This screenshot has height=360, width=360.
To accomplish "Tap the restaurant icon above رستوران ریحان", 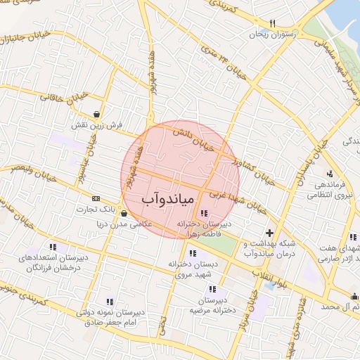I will (x=272, y=22).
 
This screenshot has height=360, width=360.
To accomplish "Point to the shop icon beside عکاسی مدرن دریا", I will (x=124, y=214).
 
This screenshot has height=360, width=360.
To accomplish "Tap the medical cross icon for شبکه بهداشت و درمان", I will (x=270, y=233).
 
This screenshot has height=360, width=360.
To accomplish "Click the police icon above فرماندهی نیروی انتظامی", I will (x=329, y=174).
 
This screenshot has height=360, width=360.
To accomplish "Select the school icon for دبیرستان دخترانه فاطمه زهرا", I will (x=204, y=213).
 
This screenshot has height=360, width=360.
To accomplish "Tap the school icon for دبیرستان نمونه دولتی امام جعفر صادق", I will (x=109, y=301).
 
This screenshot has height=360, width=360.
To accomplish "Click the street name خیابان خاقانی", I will (x=65, y=98).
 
